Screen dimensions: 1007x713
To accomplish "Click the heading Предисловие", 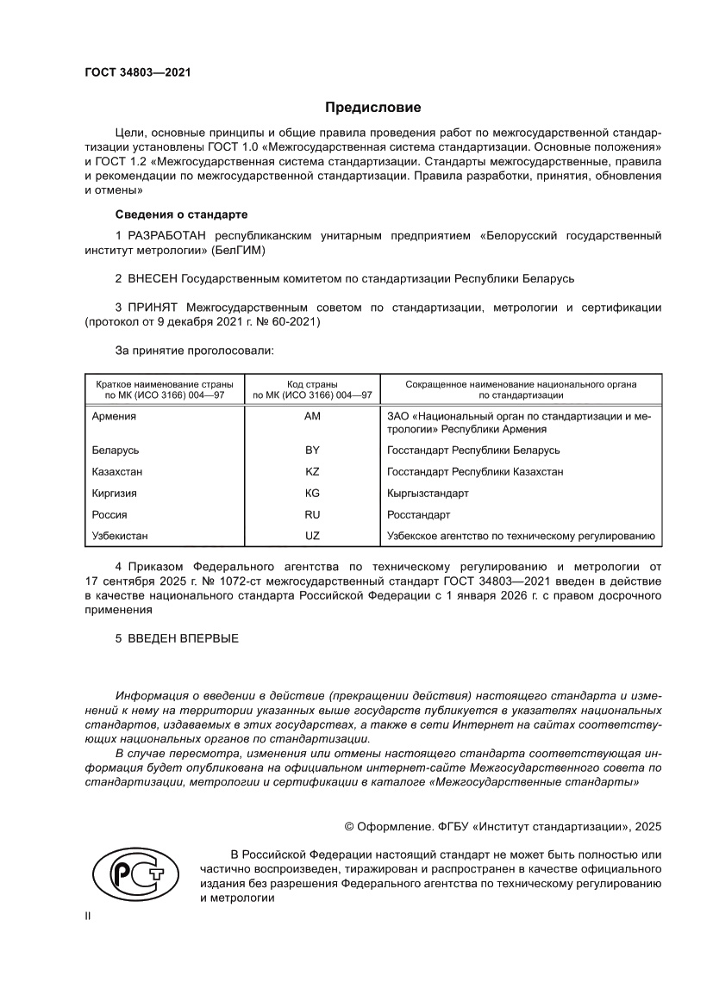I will coord(372,108).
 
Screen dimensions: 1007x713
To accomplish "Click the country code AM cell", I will coord(312,416).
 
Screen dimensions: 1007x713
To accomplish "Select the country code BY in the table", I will coord(312,451).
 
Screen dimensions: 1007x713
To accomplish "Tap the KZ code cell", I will coord(312,472).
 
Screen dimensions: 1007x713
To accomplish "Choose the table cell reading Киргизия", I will coord(114,494).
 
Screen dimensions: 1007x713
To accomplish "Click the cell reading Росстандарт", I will coord(419,515).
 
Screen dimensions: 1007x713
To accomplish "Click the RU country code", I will coord(312,515).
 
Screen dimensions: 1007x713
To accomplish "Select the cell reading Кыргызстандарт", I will coord(428,494).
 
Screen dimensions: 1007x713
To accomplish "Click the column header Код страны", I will coord(312,383).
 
